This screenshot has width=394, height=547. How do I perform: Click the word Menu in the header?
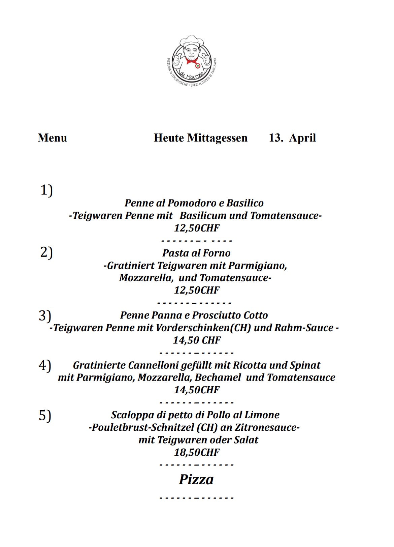point(52,138)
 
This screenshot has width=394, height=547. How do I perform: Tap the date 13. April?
point(292,138)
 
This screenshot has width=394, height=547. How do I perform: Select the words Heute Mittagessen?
point(200,138)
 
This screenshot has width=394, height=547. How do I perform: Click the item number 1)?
point(46,190)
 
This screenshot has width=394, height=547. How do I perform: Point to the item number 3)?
point(45,315)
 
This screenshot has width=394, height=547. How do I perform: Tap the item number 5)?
point(45,415)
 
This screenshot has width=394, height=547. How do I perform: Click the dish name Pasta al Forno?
point(196,253)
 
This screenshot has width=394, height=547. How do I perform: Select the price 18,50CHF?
point(197,452)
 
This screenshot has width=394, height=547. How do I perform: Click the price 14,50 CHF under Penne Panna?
point(197,340)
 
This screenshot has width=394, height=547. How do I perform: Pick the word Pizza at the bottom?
point(196,479)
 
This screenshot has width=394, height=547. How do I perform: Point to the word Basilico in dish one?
point(245,203)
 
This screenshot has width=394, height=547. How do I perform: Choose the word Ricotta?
point(250,365)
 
